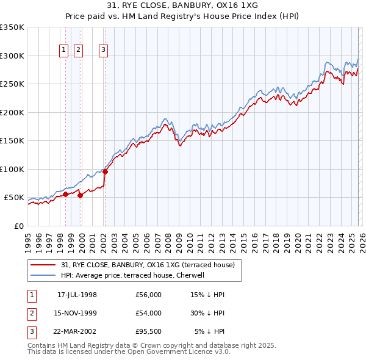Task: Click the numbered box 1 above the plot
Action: coord(64,51)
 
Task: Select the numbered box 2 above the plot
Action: coord(79,51)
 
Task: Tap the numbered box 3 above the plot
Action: coord(104,51)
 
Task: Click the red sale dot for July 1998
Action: coord(65,195)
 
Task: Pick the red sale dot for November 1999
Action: coord(80,195)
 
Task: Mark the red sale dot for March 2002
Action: coord(105,172)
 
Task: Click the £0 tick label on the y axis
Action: coord(19,226)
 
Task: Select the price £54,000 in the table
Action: coord(149,313)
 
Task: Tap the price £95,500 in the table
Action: coord(149,331)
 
